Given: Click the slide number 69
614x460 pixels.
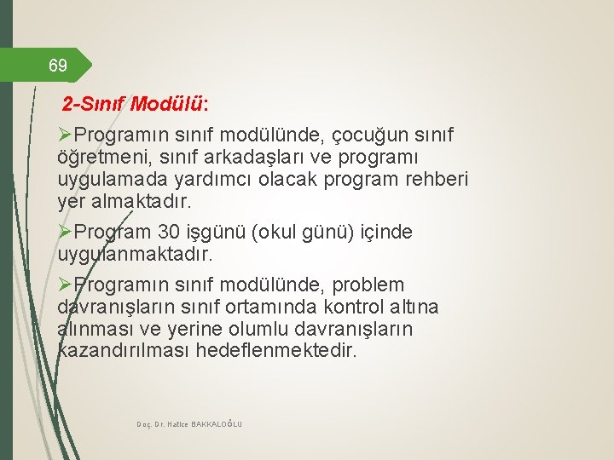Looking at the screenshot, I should coord(58,65).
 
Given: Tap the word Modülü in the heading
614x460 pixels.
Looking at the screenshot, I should coord(170,104).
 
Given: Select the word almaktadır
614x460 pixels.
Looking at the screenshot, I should coord(139,203).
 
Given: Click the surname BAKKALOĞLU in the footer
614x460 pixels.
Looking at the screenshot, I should coord(213,423).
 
